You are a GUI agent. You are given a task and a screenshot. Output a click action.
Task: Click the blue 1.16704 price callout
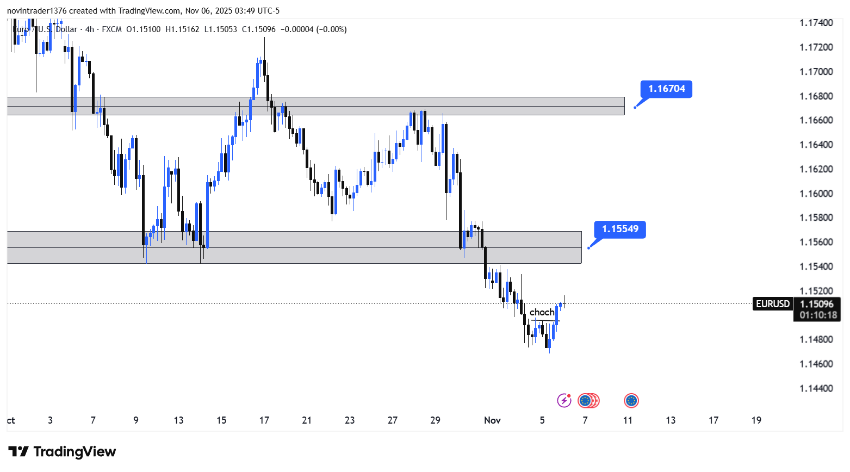click(x=666, y=89)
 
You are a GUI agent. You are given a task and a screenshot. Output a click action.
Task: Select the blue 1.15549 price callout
click(x=620, y=229)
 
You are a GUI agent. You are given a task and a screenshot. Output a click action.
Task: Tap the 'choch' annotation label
click(x=542, y=312)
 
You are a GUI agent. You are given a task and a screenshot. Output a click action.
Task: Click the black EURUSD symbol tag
click(x=773, y=304)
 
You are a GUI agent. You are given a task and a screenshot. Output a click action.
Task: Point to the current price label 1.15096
click(x=817, y=304)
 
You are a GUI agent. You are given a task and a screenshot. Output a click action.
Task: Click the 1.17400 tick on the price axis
click(x=816, y=23)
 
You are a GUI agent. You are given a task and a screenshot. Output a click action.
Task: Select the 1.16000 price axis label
click(x=816, y=194)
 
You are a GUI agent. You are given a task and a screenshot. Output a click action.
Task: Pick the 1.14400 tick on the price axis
click(x=816, y=388)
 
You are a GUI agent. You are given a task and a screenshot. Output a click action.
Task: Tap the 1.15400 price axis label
click(x=816, y=266)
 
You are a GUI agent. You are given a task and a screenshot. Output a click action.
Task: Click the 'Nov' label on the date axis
click(x=492, y=420)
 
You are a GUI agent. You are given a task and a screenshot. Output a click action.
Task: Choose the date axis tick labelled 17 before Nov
click(x=264, y=420)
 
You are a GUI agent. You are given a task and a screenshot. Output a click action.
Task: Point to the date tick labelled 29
click(x=435, y=420)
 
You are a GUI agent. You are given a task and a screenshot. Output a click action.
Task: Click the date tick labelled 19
click(x=756, y=420)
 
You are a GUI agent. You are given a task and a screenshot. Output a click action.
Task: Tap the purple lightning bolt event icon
click(x=564, y=401)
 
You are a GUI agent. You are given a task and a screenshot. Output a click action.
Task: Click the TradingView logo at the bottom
click(x=63, y=452)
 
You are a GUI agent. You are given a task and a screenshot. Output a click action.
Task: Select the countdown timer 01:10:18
click(x=818, y=315)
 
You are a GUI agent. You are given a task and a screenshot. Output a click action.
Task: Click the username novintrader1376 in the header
click(x=37, y=11)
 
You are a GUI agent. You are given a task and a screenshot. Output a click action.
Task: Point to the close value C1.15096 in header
click(x=259, y=29)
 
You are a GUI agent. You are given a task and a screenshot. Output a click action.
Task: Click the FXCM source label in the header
click(x=111, y=29)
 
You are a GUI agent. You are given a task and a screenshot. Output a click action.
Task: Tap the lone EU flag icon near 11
click(x=631, y=401)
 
